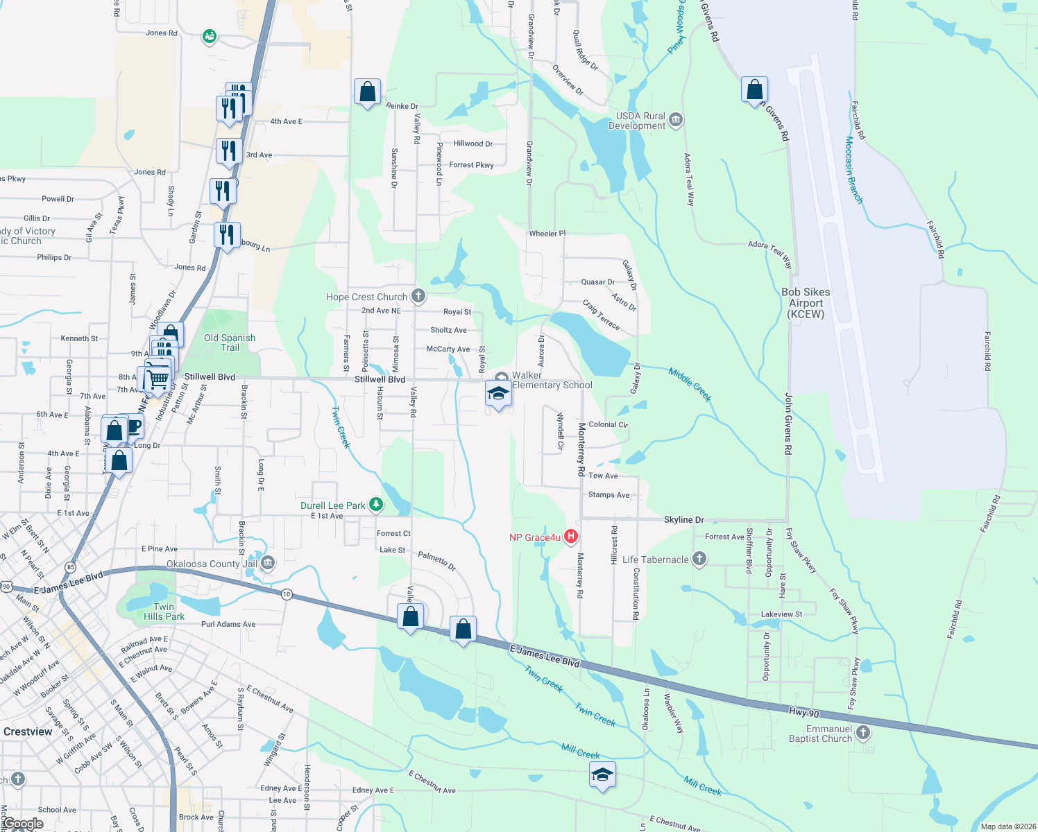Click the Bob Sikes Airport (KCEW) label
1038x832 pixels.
[x=806, y=303]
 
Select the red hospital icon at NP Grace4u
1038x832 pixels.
[x=570, y=536]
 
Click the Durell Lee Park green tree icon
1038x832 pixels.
[x=375, y=504]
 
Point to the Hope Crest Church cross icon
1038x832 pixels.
[x=418, y=296]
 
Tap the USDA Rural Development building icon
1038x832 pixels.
[x=675, y=120]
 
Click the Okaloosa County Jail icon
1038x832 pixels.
[x=269, y=562]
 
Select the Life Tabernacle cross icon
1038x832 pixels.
[x=699, y=558]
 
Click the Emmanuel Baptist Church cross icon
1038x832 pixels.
[x=862, y=732]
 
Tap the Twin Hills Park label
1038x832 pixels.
[x=164, y=612]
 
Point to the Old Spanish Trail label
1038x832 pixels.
[x=230, y=343]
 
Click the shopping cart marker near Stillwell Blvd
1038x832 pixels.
[x=158, y=379]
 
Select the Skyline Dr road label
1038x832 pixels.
[x=683, y=519]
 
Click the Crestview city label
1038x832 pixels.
[x=28, y=731]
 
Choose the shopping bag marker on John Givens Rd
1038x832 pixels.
[x=754, y=90]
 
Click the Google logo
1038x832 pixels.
[x=23, y=824]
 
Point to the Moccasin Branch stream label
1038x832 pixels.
[x=854, y=170]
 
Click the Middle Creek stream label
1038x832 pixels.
[x=690, y=384]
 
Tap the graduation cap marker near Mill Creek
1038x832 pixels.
[x=602, y=774]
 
